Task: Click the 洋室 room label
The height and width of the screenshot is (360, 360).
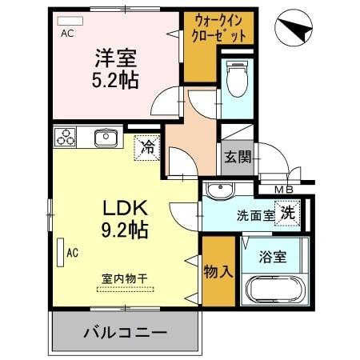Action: point(116,58)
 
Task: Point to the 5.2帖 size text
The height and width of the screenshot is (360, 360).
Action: point(116,81)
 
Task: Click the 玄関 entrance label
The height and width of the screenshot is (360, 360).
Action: point(237,156)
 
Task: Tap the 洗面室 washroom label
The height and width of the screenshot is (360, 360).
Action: point(254,214)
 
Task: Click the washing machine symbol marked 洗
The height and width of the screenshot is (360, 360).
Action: point(287,213)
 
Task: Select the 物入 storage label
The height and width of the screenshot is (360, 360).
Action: point(218,270)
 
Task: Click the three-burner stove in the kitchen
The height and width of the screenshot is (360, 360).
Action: point(64,138)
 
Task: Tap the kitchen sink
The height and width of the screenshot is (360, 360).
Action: point(106,138)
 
